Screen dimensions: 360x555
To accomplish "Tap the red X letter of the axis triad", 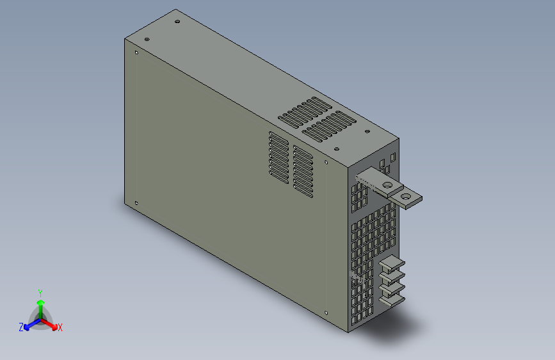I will click(x=60, y=327).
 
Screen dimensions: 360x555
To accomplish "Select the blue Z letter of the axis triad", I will click(x=21, y=327).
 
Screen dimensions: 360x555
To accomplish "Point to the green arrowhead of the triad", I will click(x=40, y=301).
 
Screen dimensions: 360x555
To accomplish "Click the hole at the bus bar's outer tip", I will click(x=406, y=197).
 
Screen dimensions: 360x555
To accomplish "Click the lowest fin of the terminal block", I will click(x=391, y=296).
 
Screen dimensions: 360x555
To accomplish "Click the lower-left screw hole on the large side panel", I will click(x=136, y=204).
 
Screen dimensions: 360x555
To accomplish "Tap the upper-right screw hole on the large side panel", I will click(x=326, y=162).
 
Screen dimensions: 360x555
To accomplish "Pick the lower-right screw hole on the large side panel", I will click(x=326, y=313).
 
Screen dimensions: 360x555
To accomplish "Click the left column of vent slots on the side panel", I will click(x=278, y=158).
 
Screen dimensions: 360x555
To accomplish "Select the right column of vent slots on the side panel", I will click(x=303, y=170).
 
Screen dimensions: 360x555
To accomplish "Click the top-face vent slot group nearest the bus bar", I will click(x=329, y=126).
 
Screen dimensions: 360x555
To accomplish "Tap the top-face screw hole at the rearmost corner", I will click(x=177, y=21).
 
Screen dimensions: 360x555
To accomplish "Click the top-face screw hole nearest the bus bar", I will click(x=367, y=133).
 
